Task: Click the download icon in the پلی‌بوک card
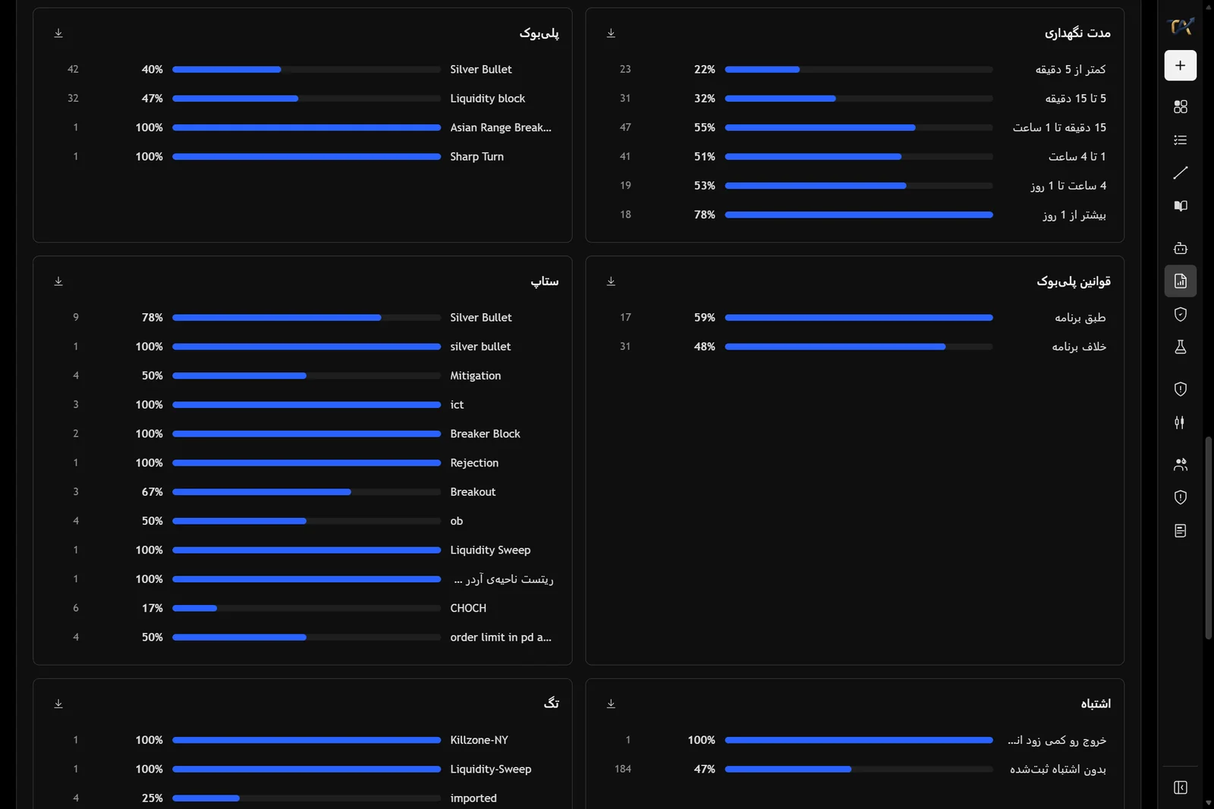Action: (58, 33)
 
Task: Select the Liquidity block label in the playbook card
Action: (487, 99)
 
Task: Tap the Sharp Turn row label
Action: (476, 156)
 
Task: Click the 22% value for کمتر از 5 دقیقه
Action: (704, 69)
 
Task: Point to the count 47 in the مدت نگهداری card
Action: (625, 127)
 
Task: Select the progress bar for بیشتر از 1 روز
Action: (858, 215)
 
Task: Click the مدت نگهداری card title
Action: (1077, 33)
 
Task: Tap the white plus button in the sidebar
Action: (1180, 65)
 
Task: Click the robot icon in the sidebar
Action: (1180, 248)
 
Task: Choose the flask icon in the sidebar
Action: (1180, 347)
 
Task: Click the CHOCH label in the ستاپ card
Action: (467, 608)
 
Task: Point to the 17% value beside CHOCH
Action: (152, 608)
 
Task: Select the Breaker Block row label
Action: (485, 434)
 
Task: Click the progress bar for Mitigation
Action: (307, 376)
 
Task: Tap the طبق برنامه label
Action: (1080, 318)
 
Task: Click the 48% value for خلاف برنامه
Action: (704, 346)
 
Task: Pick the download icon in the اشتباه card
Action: (611, 704)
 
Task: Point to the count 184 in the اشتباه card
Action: (622, 769)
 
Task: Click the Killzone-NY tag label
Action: (479, 740)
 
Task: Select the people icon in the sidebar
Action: (1180, 464)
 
